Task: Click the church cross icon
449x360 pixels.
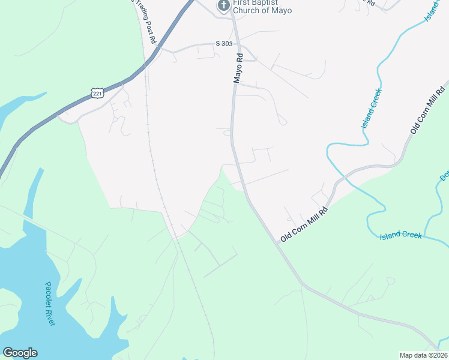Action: point(223,5)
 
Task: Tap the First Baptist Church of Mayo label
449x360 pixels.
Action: point(262,7)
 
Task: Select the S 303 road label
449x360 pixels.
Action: point(224,44)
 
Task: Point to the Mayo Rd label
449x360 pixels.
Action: point(238,67)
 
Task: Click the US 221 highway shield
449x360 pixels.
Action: point(98,92)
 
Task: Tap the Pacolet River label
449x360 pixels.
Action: point(50,304)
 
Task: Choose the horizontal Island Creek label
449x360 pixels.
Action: point(401,235)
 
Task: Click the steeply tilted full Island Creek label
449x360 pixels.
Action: point(372,109)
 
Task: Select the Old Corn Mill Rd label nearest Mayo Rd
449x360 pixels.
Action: point(306,225)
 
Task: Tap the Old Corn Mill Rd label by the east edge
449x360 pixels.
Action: point(428,110)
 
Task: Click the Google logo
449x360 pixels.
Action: point(20,353)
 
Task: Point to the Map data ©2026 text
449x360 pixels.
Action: point(423,355)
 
